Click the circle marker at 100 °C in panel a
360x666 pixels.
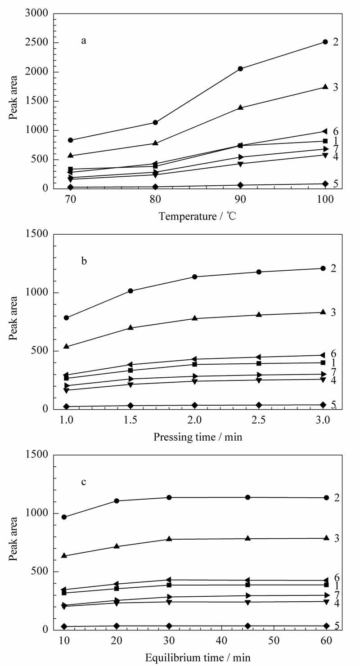[x=325, y=42]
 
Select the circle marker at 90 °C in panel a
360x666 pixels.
[x=240, y=69]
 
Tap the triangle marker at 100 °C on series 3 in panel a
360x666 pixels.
[x=325, y=86]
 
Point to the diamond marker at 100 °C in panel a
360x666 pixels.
[x=325, y=183]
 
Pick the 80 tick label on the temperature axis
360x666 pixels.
[x=155, y=199]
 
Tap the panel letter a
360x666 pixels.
[x=84, y=41]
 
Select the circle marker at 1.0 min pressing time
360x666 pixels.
[x=66, y=317]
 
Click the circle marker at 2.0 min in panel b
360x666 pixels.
[x=195, y=277]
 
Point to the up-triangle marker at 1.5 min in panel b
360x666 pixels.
[x=130, y=327]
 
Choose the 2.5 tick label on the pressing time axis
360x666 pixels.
[x=259, y=420]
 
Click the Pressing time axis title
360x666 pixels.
[x=198, y=437]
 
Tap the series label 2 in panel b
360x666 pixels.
[x=333, y=268]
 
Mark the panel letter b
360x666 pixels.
[x=84, y=261]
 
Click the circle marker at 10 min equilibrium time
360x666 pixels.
[x=64, y=517]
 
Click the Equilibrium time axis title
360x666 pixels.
[x=198, y=657]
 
